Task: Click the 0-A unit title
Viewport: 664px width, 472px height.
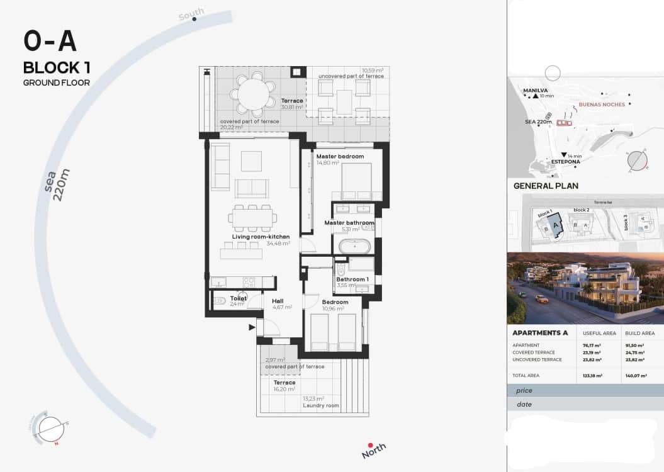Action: (50, 42)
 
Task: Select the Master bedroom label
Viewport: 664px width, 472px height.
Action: (340, 156)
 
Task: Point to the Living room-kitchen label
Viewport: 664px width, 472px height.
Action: (261, 237)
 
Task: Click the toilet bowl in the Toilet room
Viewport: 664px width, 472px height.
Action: (220, 301)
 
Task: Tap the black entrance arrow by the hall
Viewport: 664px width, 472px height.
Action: (252, 327)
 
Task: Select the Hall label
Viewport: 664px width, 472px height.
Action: (278, 301)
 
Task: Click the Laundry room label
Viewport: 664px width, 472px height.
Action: (321, 405)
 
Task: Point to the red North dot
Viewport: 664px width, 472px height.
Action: (371, 445)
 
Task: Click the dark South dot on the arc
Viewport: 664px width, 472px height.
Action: (194, 19)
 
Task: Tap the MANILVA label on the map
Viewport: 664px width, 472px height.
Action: (535, 90)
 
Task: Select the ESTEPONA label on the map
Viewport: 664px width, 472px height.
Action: (565, 162)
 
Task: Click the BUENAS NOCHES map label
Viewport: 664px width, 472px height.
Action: (602, 104)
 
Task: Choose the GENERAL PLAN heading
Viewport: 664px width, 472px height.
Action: (546, 186)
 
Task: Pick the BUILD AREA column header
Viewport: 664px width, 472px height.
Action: (639, 333)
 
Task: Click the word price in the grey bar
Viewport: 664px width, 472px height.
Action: (524, 390)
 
